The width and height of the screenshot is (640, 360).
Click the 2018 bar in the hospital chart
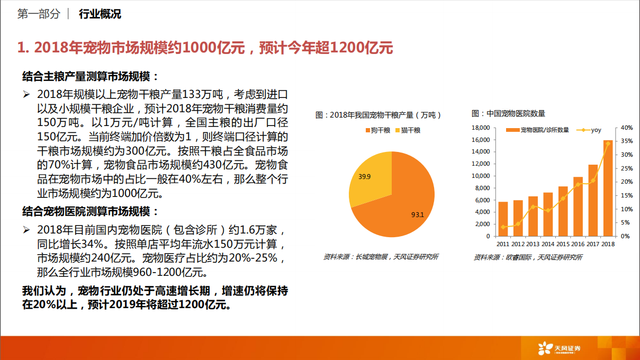pyautogui.click(x=608, y=188)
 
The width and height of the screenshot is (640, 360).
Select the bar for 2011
pyautogui.click(x=503, y=219)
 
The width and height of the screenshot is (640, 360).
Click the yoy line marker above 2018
pyautogui.click(x=608, y=143)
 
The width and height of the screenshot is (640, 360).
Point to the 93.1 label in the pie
pyautogui.click(x=417, y=215)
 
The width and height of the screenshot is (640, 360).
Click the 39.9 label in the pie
pyautogui.click(x=365, y=176)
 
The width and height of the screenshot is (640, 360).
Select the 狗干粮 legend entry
pyautogui.click(x=377, y=130)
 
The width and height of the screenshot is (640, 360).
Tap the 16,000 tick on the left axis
pyautogui.click(x=480, y=140)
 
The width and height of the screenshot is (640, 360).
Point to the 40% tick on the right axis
pyautogui.click(x=627, y=128)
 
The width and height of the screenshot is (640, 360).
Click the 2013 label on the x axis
pyautogui.click(x=533, y=244)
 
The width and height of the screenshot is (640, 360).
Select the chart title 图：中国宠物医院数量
pyautogui.click(x=508, y=113)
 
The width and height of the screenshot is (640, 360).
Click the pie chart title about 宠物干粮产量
pyautogui.click(x=378, y=115)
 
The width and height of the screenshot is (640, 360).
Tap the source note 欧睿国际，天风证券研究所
pyautogui.click(x=528, y=257)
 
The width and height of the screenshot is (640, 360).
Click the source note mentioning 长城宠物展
pyautogui.click(x=381, y=257)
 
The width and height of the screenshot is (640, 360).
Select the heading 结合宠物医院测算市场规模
pyautogui.click(x=91, y=212)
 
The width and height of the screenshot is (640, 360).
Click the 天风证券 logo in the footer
pyautogui.click(x=559, y=348)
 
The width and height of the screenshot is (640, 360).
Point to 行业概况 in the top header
pyautogui.click(x=100, y=14)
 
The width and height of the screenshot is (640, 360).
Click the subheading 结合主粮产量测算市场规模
pyautogui.click(x=91, y=76)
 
